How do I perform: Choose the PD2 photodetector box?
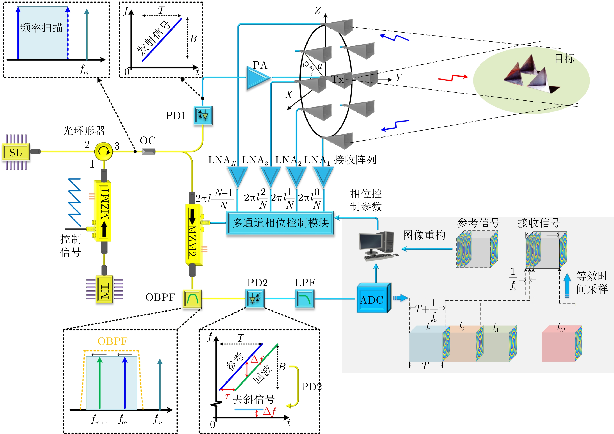[x=255, y=299]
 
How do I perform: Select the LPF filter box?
[x=305, y=299]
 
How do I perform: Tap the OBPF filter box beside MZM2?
[x=192, y=299]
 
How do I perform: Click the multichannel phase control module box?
[x=280, y=223]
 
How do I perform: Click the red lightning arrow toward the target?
[x=453, y=78]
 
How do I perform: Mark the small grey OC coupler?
[x=148, y=152]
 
